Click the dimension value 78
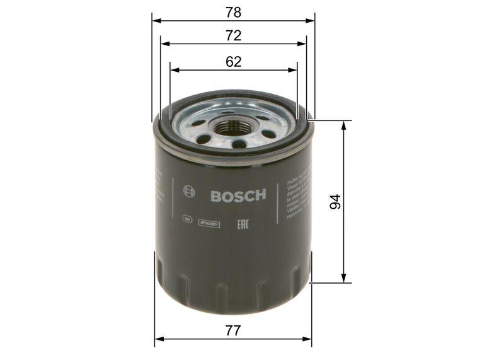(x=233, y=12)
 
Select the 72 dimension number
(x=233, y=36)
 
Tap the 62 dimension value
(x=233, y=61)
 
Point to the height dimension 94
(x=335, y=202)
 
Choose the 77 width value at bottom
(x=233, y=330)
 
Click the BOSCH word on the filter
(x=238, y=195)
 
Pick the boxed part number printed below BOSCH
(x=209, y=223)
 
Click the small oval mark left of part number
(x=187, y=219)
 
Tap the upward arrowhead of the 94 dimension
(x=343, y=125)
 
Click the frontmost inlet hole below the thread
(x=239, y=144)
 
